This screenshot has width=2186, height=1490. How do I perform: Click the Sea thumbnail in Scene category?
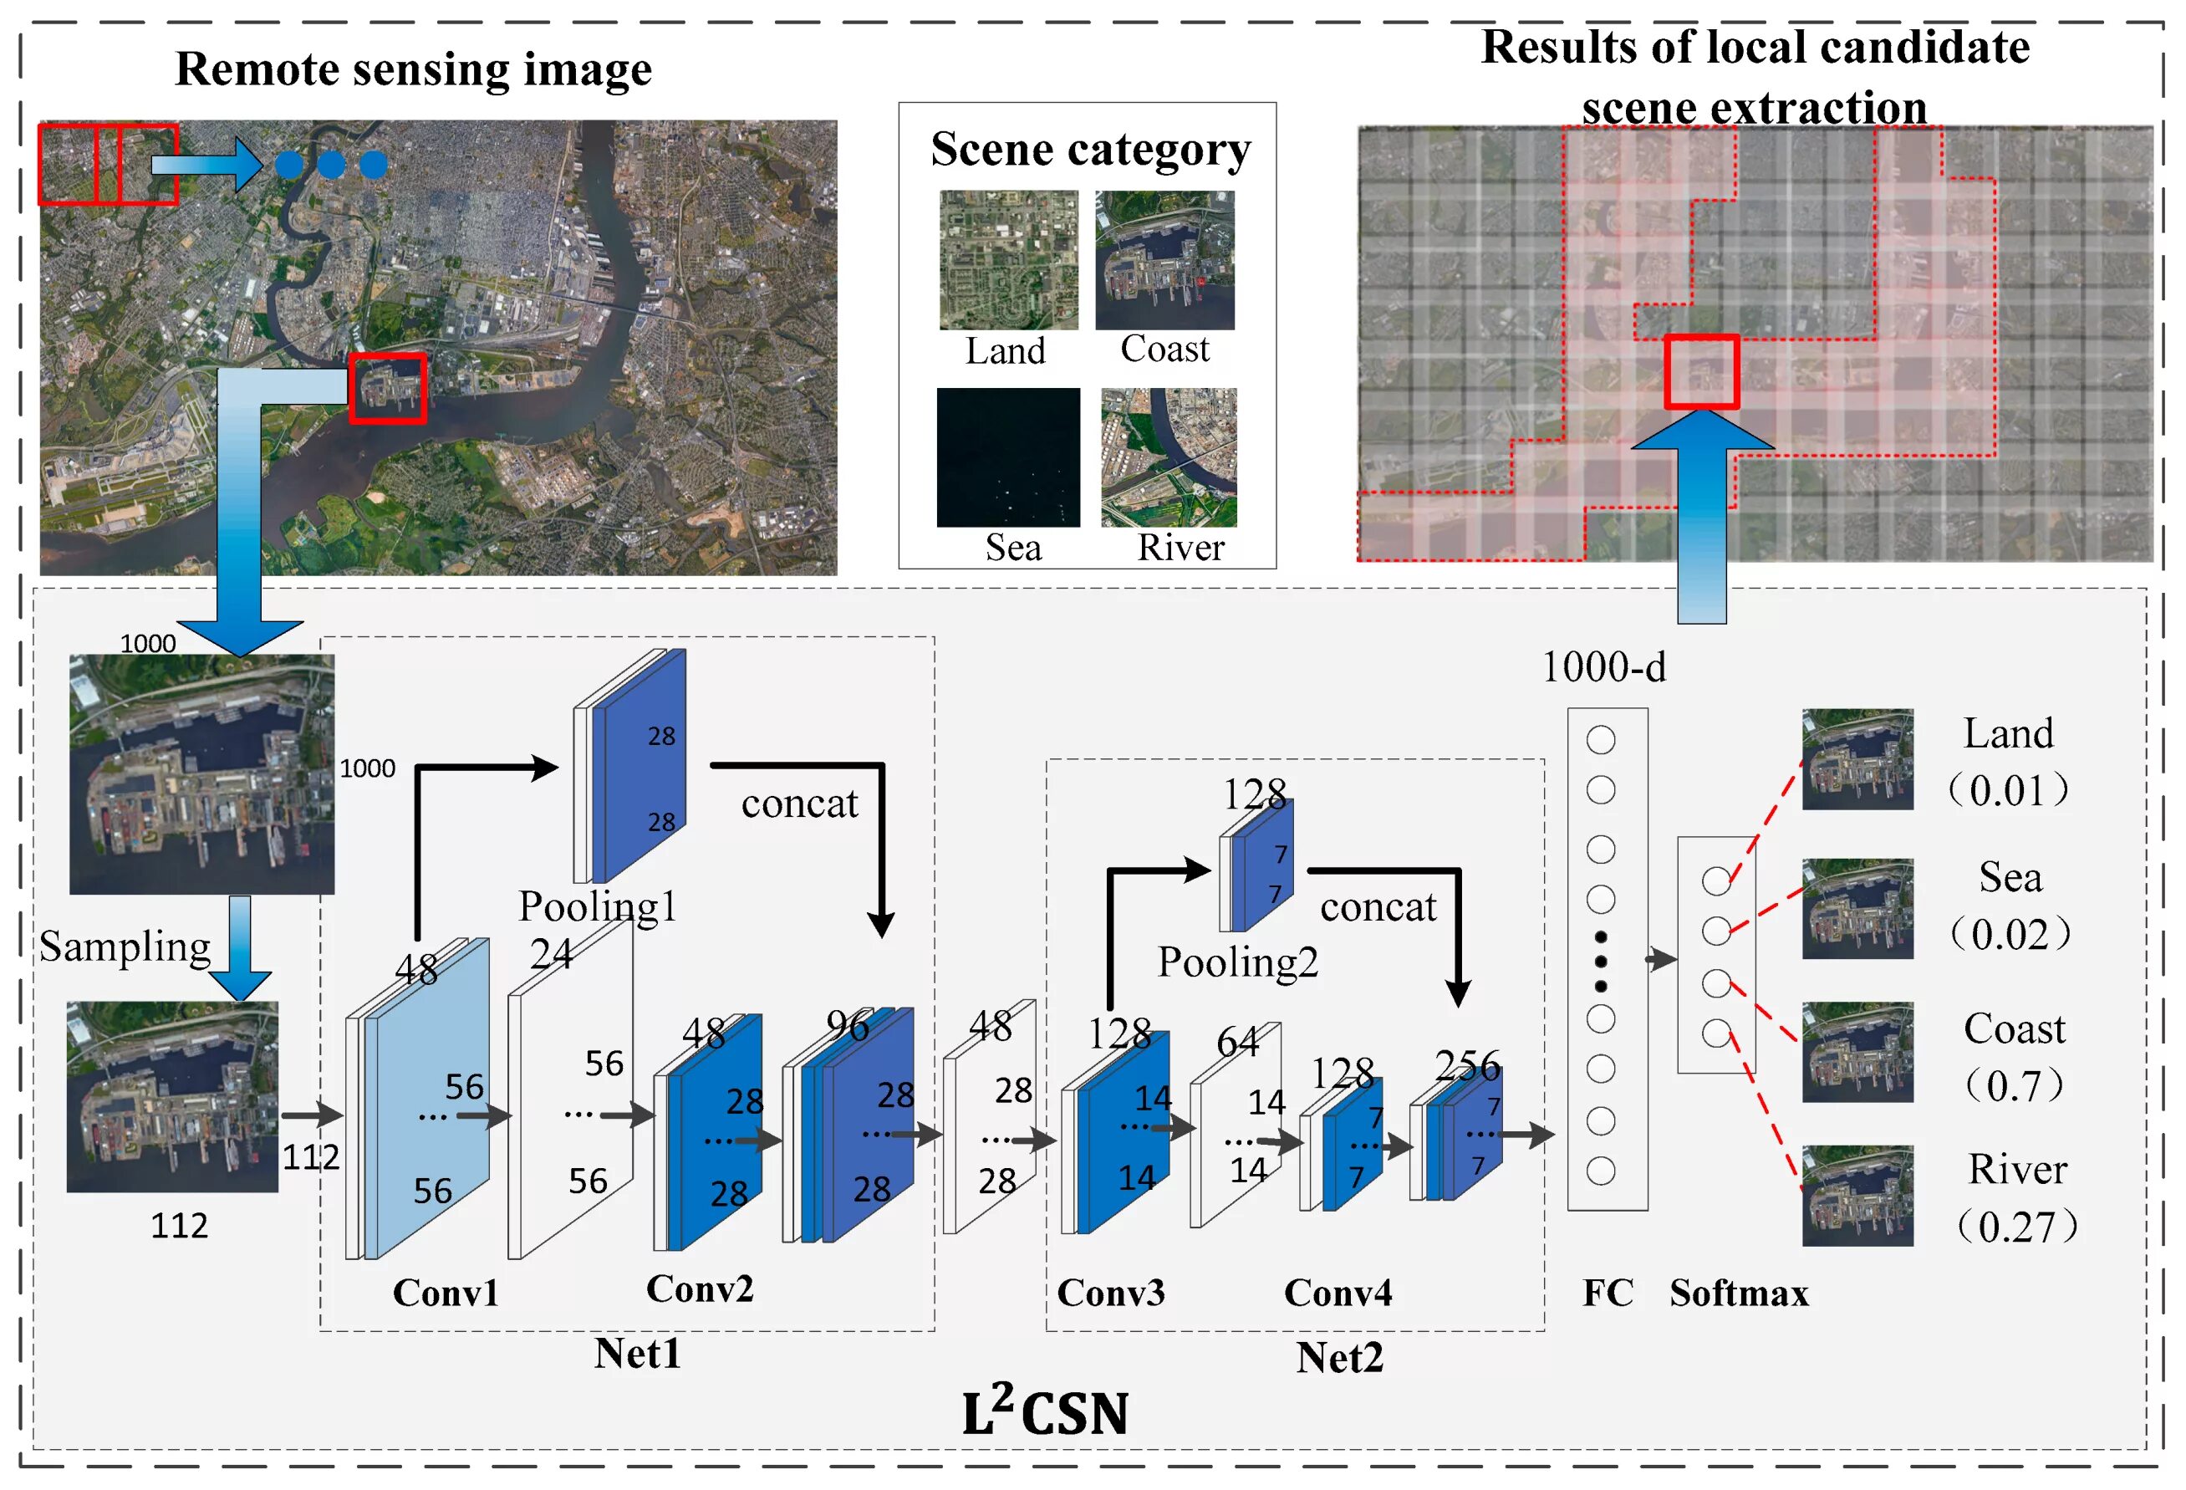(1007, 457)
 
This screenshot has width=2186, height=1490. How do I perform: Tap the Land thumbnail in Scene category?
(1008, 259)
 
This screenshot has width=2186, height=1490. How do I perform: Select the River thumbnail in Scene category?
(1169, 457)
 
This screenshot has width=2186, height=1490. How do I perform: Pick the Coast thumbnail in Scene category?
(1164, 259)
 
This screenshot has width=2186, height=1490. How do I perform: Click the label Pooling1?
(598, 906)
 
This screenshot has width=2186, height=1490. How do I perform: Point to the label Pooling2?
(1237, 962)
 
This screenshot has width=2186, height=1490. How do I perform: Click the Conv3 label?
(1110, 1293)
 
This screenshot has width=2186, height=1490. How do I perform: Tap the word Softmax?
(1738, 1293)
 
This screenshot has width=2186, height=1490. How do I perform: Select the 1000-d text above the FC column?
(1603, 667)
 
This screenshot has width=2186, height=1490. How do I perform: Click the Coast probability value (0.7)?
(2014, 1085)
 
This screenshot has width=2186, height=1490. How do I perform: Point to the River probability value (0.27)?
(2016, 1227)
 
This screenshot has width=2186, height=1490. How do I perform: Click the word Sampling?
(125, 947)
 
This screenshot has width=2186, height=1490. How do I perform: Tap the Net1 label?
(637, 1354)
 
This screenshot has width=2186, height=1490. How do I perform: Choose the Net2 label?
(1339, 1357)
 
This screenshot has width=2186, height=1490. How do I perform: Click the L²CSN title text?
(1044, 1413)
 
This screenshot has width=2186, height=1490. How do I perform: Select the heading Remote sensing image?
(413, 69)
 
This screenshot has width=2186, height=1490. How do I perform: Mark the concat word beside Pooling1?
(799, 804)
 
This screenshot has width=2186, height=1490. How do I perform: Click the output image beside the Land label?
(1857, 759)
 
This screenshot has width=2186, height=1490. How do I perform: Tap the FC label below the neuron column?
(1608, 1293)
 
